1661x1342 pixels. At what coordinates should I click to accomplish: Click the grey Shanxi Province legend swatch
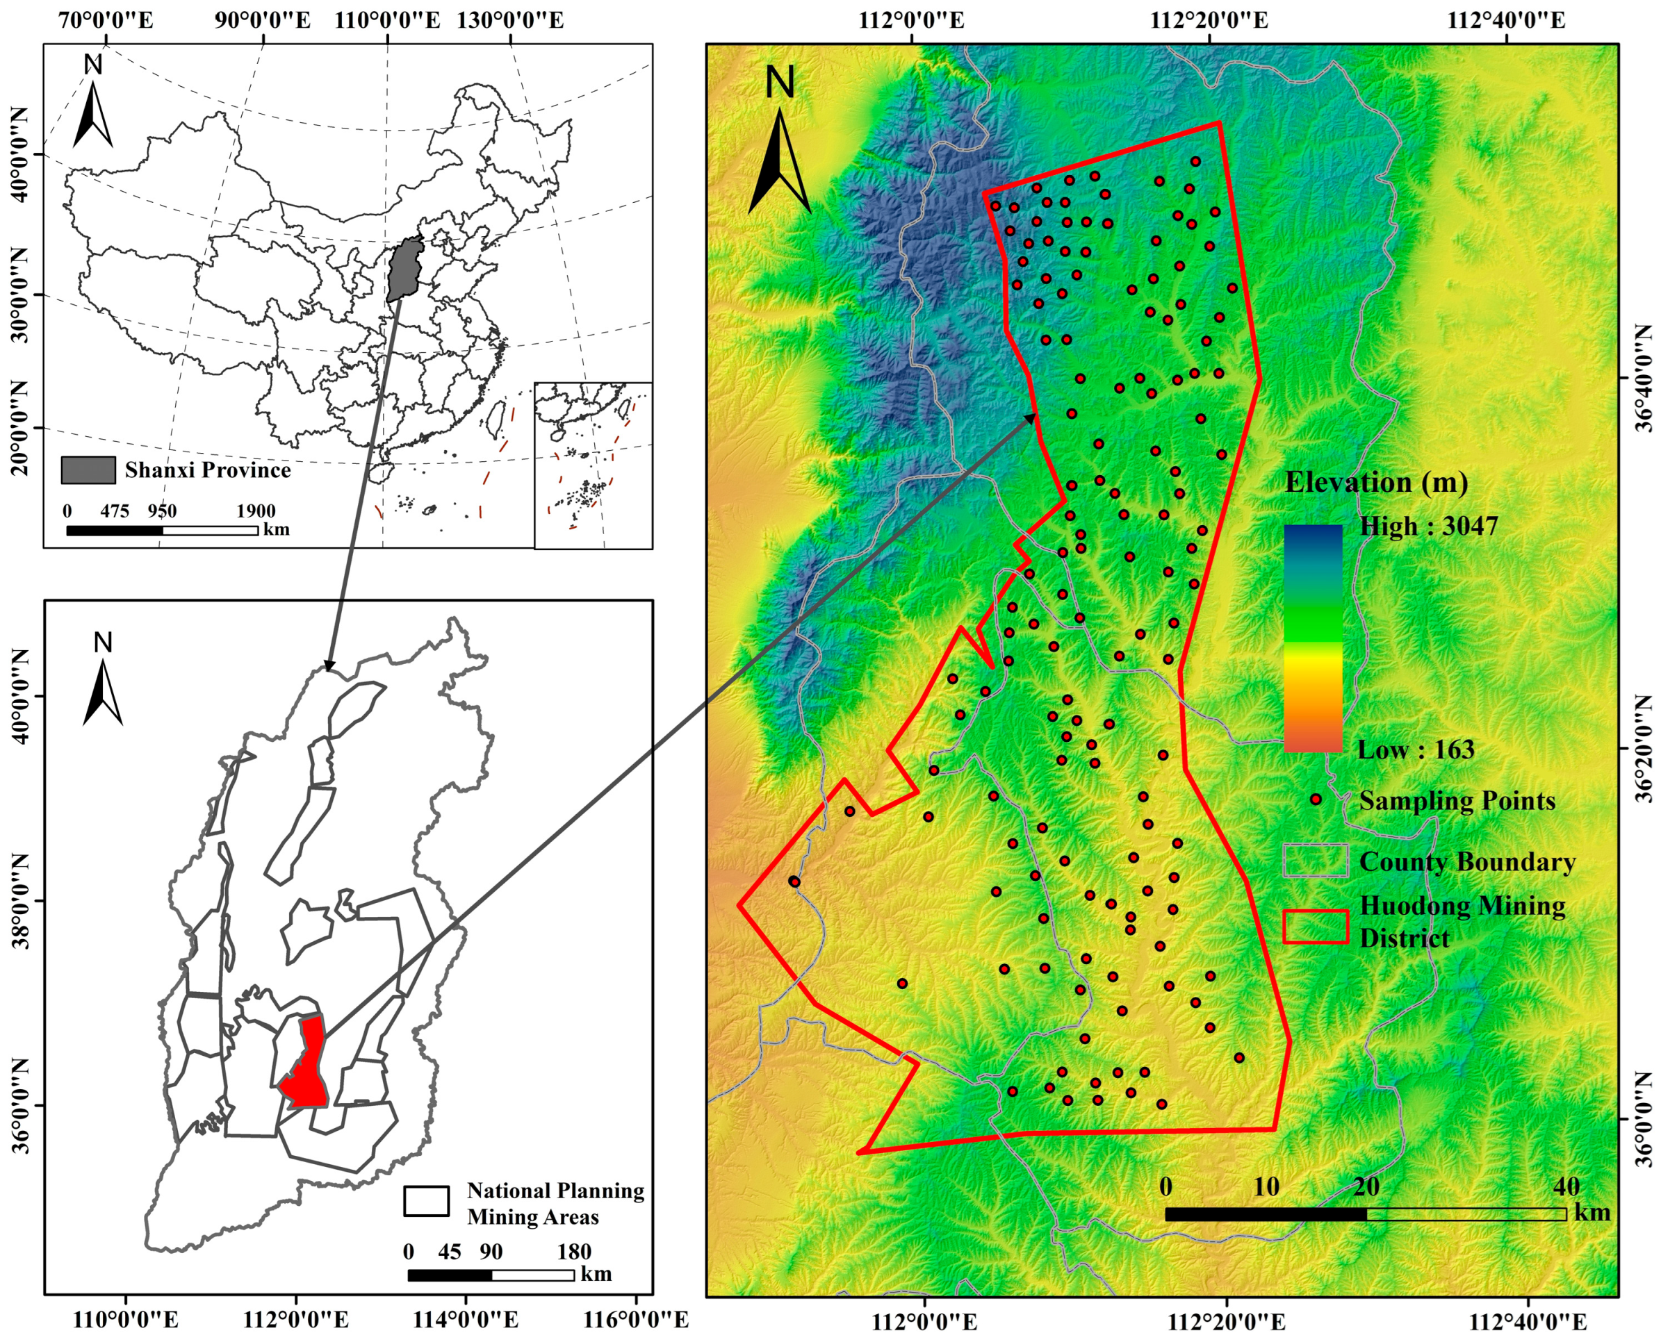(x=88, y=470)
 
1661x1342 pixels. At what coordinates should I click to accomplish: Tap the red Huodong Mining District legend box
(x=1316, y=926)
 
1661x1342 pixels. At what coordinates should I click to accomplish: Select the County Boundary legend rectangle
(x=1316, y=861)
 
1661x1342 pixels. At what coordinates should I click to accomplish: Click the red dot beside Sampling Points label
(x=1316, y=800)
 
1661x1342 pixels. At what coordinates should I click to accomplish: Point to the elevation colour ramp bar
(x=1312, y=638)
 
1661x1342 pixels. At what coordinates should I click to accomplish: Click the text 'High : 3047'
(x=1428, y=527)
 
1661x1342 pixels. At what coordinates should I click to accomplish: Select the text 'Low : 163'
(x=1415, y=749)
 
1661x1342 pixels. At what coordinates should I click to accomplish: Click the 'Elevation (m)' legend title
(x=1375, y=482)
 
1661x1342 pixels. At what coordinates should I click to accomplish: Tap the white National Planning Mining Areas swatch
(x=426, y=1201)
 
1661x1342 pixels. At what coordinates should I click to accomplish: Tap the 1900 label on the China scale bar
(x=255, y=511)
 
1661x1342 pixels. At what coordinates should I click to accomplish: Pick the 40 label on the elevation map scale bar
(x=1565, y=1186)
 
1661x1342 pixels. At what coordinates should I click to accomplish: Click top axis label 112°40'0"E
(x=1505, y=20)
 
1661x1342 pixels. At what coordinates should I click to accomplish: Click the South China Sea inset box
(x=593, y=465)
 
